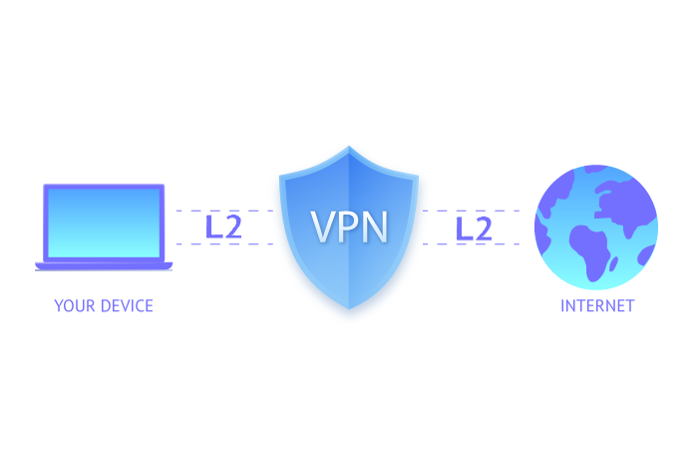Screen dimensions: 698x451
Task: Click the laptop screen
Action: [x=104, y=223]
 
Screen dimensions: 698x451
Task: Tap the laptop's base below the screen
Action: [x=104, y=266]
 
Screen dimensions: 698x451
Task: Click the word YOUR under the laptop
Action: [x=75, y=305]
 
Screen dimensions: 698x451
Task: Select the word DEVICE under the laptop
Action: [x=127, y=305]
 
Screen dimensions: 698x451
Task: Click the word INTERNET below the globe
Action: [x=597, y=305]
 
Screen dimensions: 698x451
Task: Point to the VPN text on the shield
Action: [x=349, y=226]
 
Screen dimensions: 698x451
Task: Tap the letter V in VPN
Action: [x=322, y=226]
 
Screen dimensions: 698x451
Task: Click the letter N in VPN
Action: [x=375, y=226]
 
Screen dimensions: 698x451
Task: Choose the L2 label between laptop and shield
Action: [x=223, y=226]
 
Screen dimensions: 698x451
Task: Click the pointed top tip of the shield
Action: [x=349, y=146]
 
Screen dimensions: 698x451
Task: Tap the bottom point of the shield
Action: [x=349, y=308]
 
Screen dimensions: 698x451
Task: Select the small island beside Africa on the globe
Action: [x=613, y=263]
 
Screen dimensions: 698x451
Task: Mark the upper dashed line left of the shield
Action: [x=224, y=211]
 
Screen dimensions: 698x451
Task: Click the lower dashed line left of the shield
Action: [x=224, y=244]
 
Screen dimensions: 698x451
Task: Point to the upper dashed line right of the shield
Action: [x=471, y=211]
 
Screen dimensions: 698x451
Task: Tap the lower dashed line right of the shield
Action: [x=471, y=244]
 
